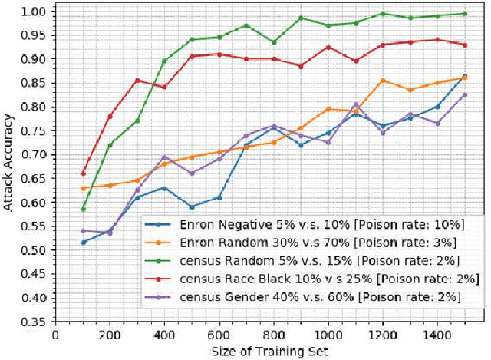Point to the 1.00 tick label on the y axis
click(x=34, y=12)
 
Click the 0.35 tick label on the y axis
click(x=34, y=322)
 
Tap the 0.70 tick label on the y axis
click(x=34, y=155)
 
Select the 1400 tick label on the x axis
click(x=437, y=335)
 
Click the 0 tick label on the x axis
click(x=55, y=335)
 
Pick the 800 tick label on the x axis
click(x=273, y=335)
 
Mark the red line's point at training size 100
click(x=83, y=173)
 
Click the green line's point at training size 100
click(x=83, y=209)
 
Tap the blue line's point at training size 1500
click(x=465, y=76)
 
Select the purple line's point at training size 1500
click(x=465, y=95)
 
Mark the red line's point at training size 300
click(x=137, y=80)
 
